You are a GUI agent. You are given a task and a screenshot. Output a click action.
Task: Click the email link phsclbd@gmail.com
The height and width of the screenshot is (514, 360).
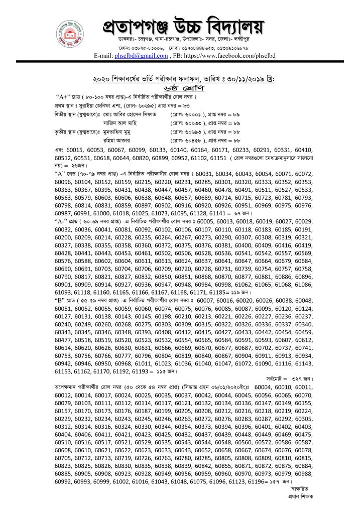[x=141, y=56]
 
